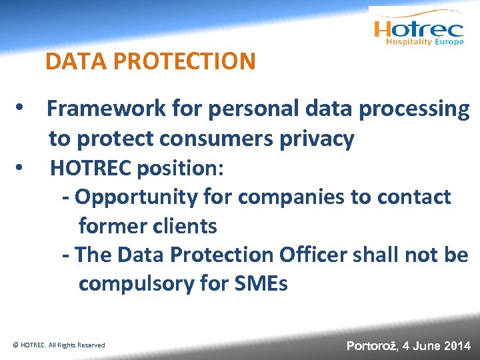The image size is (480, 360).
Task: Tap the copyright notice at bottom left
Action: tap(59, 345)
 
